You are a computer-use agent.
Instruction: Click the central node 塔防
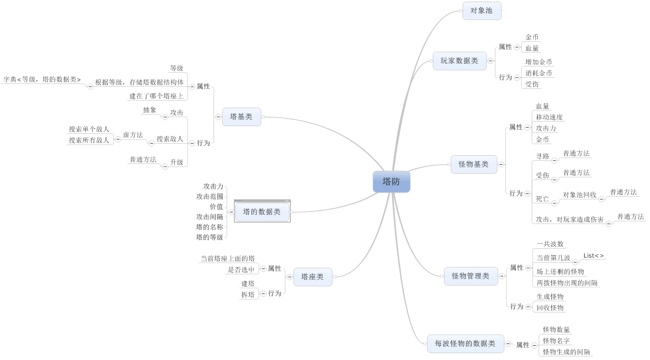point(391,182)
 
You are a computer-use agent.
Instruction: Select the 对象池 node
point(482,11)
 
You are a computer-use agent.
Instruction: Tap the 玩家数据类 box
point(459,61)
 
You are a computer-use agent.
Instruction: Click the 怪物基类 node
point(474,165)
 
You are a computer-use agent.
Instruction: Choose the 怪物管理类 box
point(470,276)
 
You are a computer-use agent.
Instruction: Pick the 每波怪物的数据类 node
point(465,344)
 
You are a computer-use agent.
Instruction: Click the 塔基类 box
point(241,117)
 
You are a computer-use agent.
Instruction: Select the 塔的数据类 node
point(262,212)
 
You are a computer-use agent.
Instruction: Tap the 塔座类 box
point(312,277)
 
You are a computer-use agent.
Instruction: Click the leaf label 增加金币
point(539,62)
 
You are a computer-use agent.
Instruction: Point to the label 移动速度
point(549,117)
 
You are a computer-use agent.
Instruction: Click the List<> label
point(593,256)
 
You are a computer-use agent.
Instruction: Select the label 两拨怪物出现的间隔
point(567,283)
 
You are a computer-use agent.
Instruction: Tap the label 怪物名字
point(556,341)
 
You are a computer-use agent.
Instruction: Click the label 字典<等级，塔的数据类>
point(42,79)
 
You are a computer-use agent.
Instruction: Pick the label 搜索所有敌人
point(89,140)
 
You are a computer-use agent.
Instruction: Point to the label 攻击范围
point(210,197)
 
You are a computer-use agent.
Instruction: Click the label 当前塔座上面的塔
point(228,259)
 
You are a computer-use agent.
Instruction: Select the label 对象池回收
point(580,195)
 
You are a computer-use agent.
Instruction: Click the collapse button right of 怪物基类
point(501,165)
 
